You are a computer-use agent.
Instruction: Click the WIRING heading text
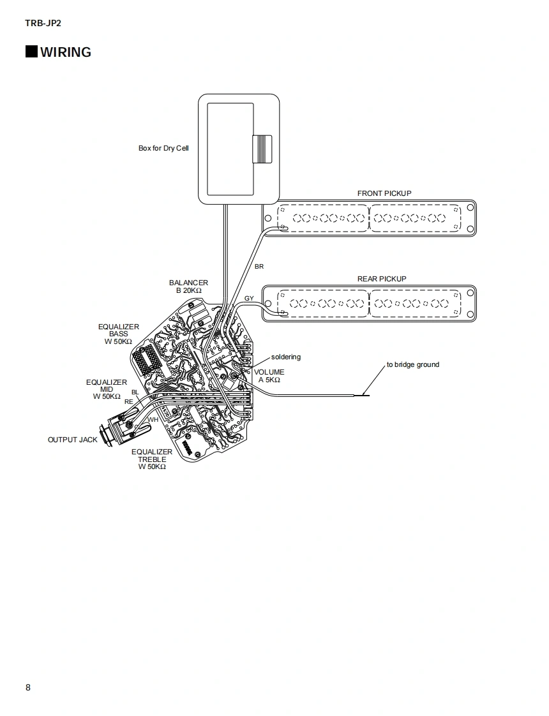(x=66, y=52)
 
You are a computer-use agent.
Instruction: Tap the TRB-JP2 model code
(x=43, y=24)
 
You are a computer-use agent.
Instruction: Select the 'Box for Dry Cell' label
(x=163, y=149)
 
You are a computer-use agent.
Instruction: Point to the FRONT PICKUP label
(x=384, y=193)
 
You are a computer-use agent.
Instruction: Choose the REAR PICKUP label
(x=382, y=279)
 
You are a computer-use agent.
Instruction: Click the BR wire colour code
(x=259, y=267)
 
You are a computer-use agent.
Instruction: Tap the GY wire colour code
(x=249, y=299)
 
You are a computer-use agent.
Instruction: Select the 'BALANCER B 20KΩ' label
(x=188, y=287)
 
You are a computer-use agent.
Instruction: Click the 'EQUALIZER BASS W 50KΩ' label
(x=119, y=334)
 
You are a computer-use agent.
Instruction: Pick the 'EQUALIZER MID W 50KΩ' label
(x=107, y=389)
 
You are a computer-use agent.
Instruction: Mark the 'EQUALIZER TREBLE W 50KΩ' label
(x=152, y=459)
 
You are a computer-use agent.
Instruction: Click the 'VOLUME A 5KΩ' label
(x=269, y=376)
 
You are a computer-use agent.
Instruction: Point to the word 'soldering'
(x=285, y=357)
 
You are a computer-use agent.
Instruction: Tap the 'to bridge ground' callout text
(x=412, y=365)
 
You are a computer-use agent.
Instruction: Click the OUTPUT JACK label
(x=73, y=440)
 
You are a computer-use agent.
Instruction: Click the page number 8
(x=28, y=687)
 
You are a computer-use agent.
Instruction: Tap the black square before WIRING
(x=31, y=52)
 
